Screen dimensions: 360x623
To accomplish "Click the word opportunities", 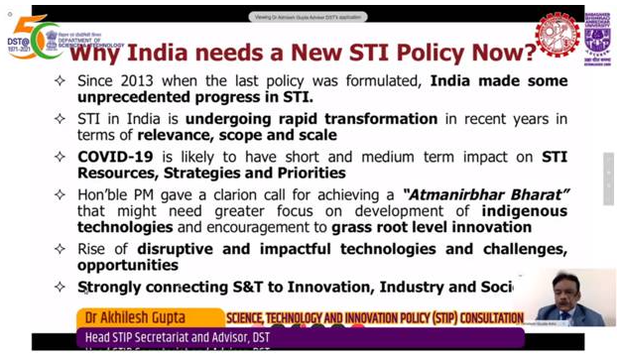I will (128, 265).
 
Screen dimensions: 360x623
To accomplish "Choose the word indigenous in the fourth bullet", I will (524, 210).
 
